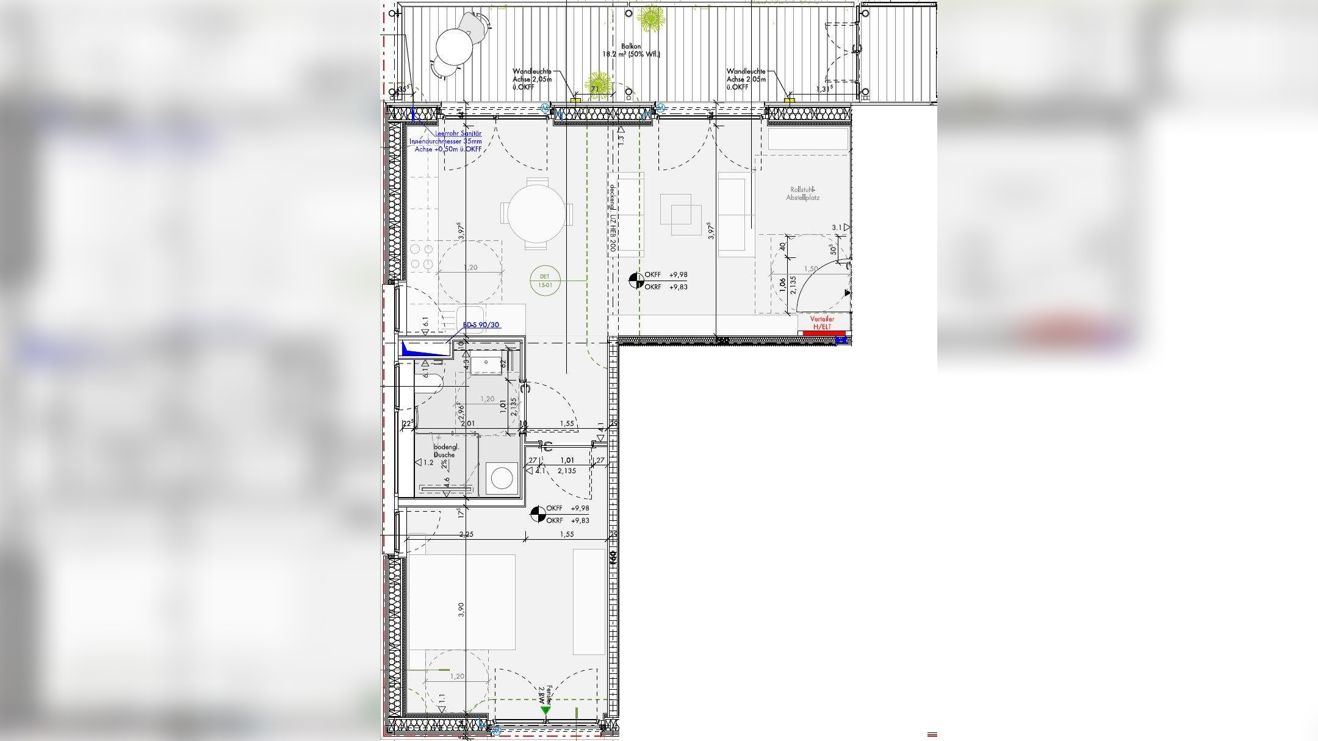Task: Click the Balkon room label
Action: click(x=631, y=46)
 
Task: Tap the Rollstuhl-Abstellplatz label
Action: click(x=802, y=194)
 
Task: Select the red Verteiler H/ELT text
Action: click(x=821, y=323)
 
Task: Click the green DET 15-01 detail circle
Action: click(x=545, y=281)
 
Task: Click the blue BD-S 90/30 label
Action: click(x=481, y=325)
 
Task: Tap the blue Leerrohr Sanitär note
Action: click(x=445, y=141)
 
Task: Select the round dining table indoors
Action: click(x=537, y=213)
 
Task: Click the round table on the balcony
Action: click(x=454, y=46)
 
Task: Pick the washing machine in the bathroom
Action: click(x=502, y=478)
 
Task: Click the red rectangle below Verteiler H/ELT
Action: click(x=824, y=334)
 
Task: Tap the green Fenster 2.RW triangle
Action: click(x=545, y=711)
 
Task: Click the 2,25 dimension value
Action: click(x=466, y=534)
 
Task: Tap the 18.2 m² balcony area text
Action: click(x=631, y=54)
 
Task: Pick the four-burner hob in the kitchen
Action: click(x=422, y=256)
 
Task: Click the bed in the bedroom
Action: click(x=461, y=602)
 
